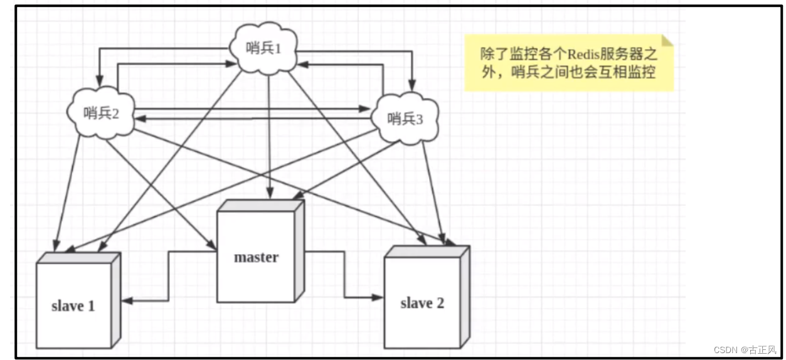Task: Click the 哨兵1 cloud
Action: (263, 49)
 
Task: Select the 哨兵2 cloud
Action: (101, 113)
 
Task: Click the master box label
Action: (256, 257)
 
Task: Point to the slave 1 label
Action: (73, 306)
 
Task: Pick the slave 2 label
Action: (422, 304)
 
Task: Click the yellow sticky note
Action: (568, 63)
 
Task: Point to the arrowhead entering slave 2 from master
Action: (378, 297)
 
